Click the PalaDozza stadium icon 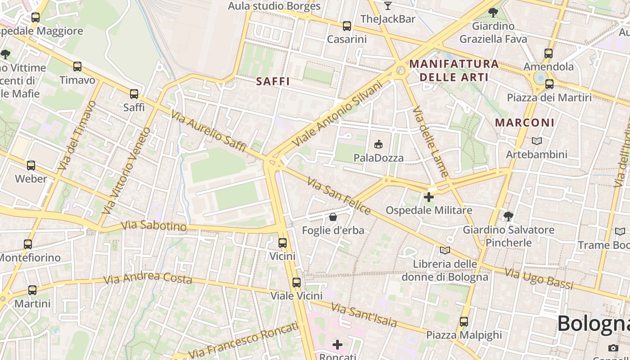coord(378,144)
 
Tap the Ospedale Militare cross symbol coord(429,197)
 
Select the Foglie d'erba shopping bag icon coord(333,217)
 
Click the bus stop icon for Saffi coord(134,94)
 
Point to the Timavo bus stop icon coord(77,67)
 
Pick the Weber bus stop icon coord(31,166)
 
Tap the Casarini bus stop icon coord(346,26)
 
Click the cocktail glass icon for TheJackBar coord(387,6)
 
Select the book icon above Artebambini coord(536,141)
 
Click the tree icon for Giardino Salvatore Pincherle coord(508,216)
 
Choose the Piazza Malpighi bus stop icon coord(464,322)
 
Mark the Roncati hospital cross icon coord(337,345)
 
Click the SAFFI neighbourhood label coord(273,81)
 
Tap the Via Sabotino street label coord(154,225)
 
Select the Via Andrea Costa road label coord(148,279)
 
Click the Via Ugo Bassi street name coord(539,279)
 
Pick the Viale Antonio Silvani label coord(337,113)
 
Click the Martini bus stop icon coord(32,290)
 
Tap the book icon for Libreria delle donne coord(445,250)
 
